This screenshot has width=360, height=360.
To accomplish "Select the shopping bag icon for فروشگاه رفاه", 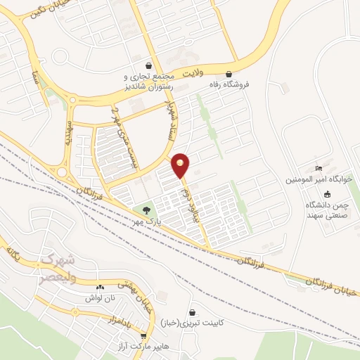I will tap(229, 73).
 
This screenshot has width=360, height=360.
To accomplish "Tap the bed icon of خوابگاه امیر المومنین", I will tap(320, 168).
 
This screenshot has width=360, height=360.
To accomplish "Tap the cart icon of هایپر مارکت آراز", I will tap(143, 336).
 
